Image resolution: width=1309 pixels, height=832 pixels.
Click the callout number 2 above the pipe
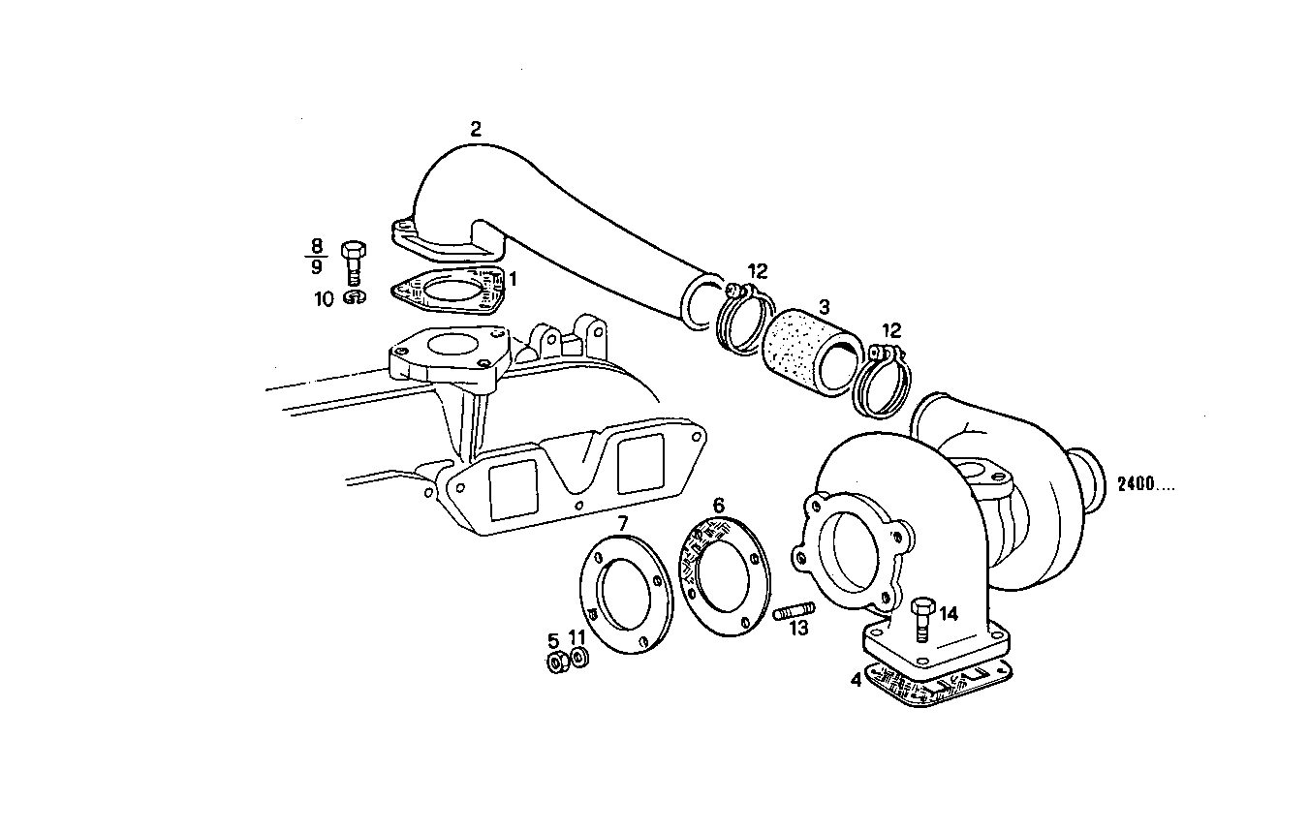point(475,129)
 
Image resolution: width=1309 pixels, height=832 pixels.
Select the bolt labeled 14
point(921,618)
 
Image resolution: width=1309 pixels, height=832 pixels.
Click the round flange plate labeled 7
point(621,602)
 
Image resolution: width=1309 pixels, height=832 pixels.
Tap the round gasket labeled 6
point(722,577)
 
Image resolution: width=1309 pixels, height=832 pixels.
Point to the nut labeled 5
point(557,663)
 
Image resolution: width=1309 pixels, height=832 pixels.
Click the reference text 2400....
point(1144,484)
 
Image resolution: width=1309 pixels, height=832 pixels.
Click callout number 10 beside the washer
point(323,299)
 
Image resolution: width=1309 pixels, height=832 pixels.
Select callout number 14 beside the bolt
point(948,613)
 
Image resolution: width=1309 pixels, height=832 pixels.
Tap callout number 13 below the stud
point(797,630)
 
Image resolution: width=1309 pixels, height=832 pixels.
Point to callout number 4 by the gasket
point(856,680)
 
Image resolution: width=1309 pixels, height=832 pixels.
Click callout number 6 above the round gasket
point(718,505)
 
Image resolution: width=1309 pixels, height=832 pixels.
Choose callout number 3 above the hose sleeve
point(824,307)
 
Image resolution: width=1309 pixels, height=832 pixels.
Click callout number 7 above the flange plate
point(623,523)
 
